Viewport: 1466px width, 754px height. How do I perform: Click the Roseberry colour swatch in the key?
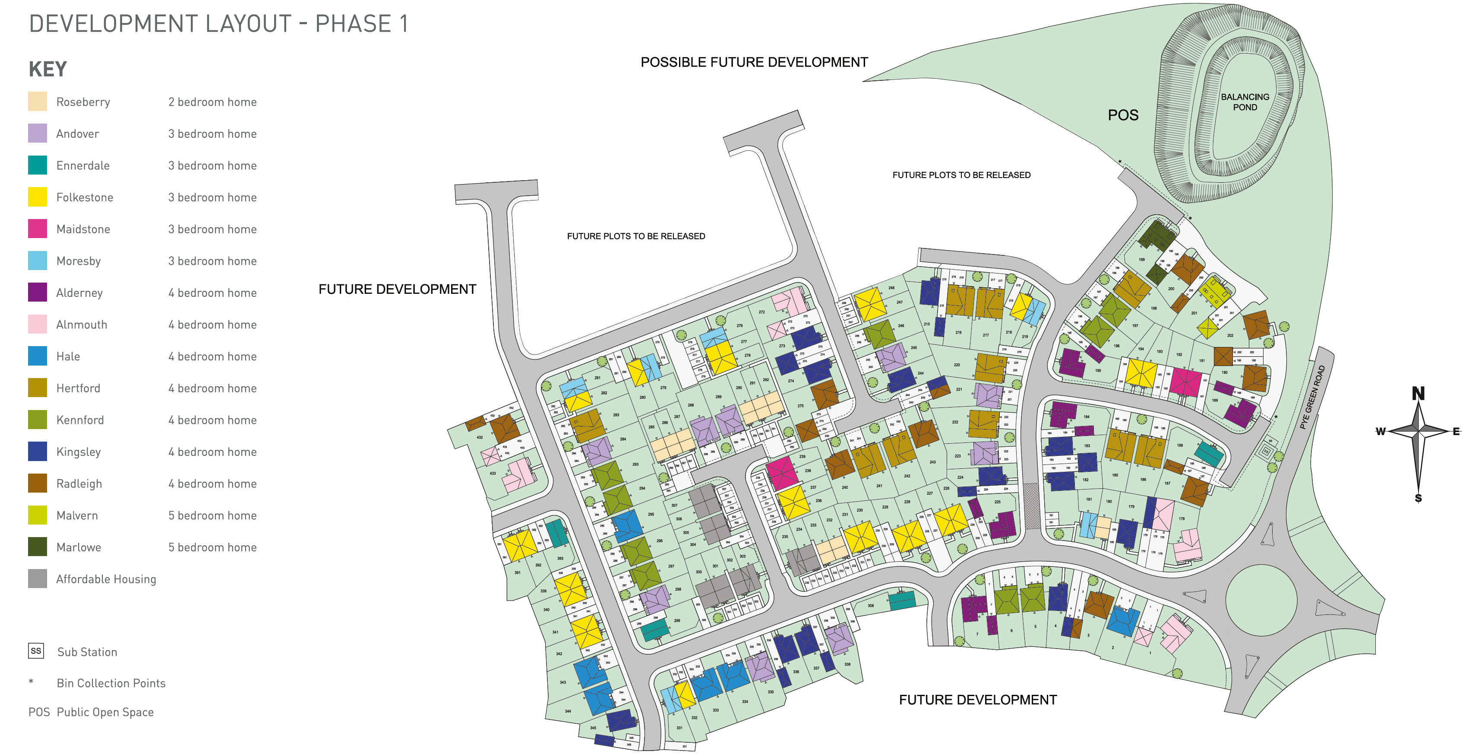38,102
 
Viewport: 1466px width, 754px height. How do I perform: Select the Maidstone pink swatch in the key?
38,229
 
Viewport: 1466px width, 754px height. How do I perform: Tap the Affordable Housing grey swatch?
38,579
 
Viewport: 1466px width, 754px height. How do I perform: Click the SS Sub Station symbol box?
36,651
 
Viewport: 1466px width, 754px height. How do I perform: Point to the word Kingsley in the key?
79,452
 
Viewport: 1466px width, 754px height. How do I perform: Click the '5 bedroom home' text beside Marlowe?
212,547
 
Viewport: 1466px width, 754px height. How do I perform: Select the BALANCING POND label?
1245,102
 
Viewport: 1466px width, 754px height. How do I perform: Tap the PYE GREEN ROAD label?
1312,397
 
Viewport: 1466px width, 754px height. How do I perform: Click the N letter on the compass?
1418,394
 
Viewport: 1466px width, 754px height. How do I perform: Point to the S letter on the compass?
1418,498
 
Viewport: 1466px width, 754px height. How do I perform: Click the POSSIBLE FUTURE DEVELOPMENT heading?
754,62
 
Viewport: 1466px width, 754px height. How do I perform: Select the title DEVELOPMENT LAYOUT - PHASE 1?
218,24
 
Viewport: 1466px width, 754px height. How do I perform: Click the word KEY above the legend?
48,70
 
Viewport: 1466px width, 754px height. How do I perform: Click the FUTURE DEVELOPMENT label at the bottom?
977,700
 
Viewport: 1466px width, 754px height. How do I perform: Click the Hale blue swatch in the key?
38,356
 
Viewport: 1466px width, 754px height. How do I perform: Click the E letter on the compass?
1455,431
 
